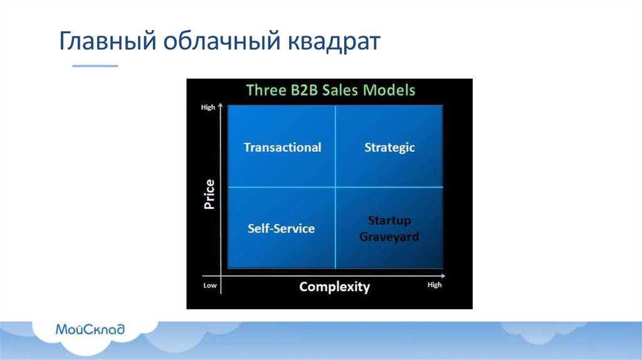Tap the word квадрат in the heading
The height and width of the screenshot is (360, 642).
point(334,42)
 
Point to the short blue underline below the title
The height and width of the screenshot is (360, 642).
point(95,65)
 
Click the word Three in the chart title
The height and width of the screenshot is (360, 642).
point(266,90)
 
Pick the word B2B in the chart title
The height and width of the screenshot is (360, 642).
point(304,90)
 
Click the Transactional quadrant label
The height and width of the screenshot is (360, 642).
point(283,147)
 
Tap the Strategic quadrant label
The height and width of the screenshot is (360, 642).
point(389,148)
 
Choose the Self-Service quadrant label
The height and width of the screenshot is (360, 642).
point(282,228)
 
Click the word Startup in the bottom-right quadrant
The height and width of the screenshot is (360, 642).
point(389,221)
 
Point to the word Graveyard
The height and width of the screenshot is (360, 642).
point(389,236)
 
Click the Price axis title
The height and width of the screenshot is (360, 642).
point(209,194)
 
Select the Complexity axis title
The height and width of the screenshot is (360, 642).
point(335,287)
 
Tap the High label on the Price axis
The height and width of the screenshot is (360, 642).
point(208,107)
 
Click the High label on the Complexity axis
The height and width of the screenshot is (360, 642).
point(434,285)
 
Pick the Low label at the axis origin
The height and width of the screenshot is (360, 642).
point(210,285)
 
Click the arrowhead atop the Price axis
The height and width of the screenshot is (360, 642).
point(220,105)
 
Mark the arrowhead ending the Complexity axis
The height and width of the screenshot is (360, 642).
point(443,275)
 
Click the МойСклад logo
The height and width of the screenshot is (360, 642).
point(90,329)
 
